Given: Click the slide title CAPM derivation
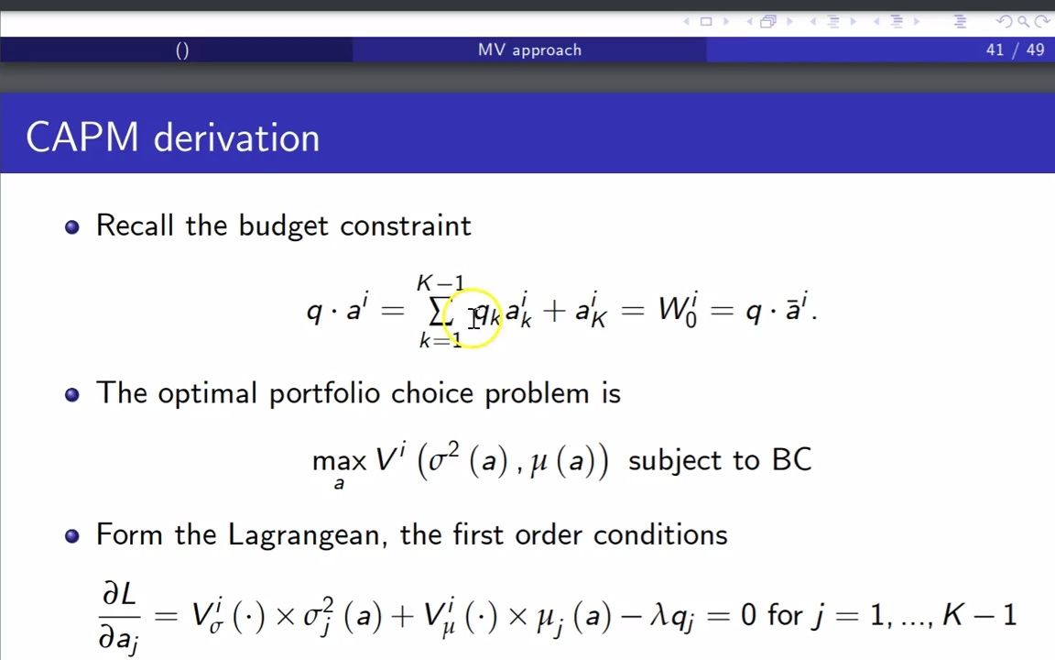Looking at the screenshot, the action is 172,138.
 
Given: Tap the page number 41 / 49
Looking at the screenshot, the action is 1016,49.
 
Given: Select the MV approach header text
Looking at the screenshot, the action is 529,49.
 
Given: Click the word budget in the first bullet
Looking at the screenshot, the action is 284,225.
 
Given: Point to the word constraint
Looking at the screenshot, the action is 406,225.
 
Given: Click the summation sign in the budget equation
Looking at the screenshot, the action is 438,311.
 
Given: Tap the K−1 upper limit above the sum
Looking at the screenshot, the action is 440,283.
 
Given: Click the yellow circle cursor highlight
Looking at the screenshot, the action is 473,317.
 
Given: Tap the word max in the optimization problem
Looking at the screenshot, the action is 339,461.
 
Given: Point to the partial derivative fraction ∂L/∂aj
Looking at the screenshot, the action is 119,616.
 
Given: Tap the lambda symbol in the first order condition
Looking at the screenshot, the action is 658,615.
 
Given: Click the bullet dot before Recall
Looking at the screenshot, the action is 72,226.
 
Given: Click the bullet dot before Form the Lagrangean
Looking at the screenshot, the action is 72,536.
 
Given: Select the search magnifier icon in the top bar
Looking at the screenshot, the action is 1023,22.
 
